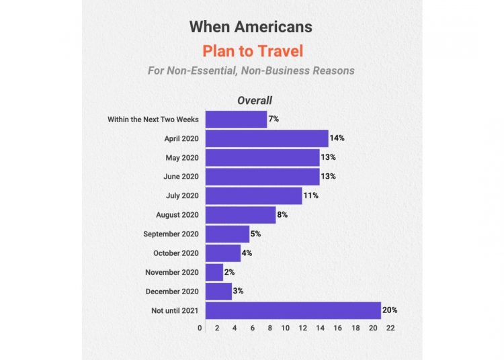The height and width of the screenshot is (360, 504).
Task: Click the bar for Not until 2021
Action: pos(293,310)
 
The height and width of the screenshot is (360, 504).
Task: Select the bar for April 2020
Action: pos(267,138)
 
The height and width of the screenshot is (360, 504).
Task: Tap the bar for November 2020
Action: pos(214,272)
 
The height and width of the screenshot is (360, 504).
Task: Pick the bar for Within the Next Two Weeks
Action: pos(236,119)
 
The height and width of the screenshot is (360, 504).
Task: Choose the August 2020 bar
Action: pos(240,215)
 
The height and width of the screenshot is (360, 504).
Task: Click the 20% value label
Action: pos(390,310)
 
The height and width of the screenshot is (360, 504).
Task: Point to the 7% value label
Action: pos(274,119)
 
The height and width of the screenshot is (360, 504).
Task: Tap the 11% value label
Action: pos(310,195)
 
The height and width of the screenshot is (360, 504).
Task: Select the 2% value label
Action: pos(230,272)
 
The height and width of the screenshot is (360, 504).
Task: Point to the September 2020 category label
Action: pos(171,234)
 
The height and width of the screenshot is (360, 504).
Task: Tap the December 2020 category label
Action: pos(172,291)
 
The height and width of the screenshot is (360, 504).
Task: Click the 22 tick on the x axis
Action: pos(390,328)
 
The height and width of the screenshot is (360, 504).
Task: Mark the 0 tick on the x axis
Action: pos(200,328)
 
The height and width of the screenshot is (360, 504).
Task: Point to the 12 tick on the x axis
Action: pos(303,328)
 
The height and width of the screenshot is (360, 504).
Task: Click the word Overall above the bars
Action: pos(254,101)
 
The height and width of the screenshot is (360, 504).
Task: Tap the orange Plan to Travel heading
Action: pos(251,51)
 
